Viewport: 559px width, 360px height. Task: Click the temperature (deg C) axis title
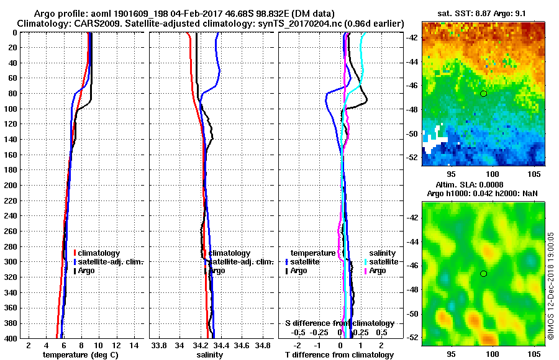pos(80,355)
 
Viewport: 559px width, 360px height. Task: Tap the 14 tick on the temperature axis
pos(134,346)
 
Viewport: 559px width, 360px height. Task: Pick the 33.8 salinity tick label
pos(159,346)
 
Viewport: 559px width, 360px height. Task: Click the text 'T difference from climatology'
pos(339,355)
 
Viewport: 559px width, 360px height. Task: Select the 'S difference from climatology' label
pos(339,323)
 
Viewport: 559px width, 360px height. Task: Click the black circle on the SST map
pos(483,94)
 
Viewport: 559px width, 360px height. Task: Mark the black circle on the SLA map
pos(483,274)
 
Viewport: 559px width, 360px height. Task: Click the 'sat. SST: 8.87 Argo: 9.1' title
pos(484,14)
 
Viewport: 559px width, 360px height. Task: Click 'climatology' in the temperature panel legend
pos(99,253)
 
